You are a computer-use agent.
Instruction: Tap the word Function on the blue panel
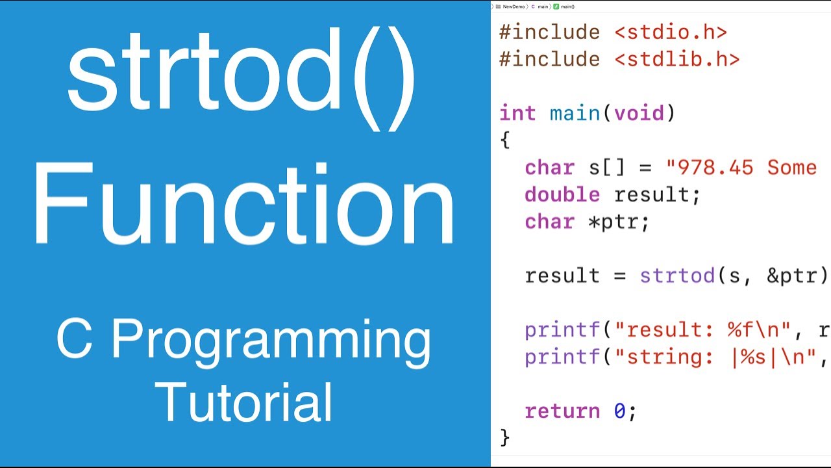tap(244, 205)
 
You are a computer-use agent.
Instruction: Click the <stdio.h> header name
tap(671, 32)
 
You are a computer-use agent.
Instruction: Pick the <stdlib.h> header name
tap(676, 59)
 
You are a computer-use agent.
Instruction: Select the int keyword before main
tap(517, 113)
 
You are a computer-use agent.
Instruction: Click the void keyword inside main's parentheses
tap(639, 113)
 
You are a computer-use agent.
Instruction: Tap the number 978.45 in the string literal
tap(715, 167)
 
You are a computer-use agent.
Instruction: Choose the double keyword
tap(562, 194)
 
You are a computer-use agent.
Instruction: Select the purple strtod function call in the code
tap(677, 276)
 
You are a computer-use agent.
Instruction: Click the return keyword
tap(562, 411)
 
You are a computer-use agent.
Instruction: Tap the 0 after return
tap(620, 411)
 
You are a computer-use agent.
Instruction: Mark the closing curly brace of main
tap(505, 437)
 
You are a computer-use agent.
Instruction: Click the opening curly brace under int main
tap(505, 140)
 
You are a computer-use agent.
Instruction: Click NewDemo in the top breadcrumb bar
tap(513, 6)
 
